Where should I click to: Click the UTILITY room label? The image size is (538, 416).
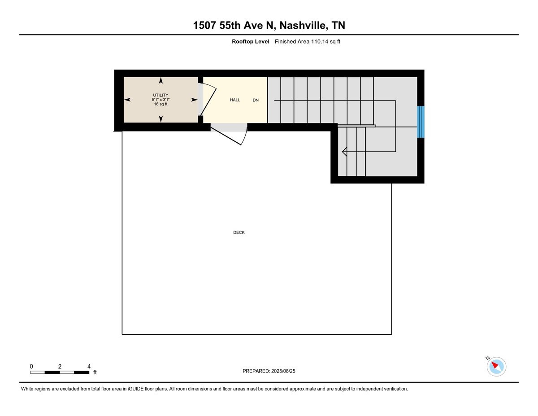tap(161, 95)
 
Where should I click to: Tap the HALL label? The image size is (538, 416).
tap(235, 100)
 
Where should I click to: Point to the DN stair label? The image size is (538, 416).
tap(256, 100)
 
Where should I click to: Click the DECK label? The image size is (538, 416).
tap(239, 232)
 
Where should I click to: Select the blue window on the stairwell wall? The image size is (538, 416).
tap(421, 122)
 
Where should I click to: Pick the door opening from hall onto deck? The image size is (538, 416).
tap(229, 135)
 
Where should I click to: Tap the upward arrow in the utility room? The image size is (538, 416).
tap(161, 80)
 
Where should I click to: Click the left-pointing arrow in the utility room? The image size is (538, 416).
tap(127, 100)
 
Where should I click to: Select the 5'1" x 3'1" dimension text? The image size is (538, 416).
tap(161, 100)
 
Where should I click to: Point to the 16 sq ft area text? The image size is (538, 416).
tap(161, 104)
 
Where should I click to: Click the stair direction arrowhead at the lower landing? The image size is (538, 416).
tap(344, 152)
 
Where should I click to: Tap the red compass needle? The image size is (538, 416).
tap(495, 365)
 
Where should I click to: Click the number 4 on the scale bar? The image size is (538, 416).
tap(89, 366)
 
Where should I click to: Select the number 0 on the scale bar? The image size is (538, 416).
tap(31, 366)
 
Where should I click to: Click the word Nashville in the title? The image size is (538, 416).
tap(303, 25)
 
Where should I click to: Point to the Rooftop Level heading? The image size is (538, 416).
tap(251, 42)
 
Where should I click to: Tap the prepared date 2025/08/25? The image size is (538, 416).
tap(283, 371)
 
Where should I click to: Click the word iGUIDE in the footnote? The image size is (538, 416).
tap(136, 389)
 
